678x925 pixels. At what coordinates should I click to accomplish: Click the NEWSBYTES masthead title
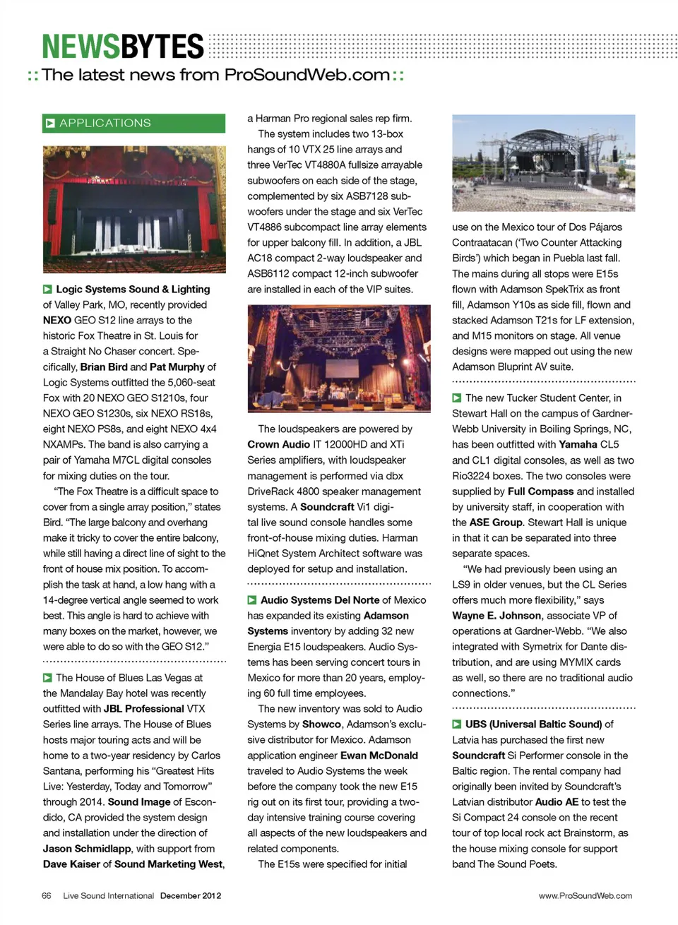tap(123, 47)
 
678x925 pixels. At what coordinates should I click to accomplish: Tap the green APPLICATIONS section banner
tap(134, 123)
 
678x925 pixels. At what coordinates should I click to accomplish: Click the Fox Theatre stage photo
tap(134, 209)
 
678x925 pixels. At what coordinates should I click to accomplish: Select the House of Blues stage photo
tap(339, 358)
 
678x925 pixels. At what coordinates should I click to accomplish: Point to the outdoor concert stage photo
tap(543, 163)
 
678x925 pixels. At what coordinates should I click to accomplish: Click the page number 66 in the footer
tap(47, 895)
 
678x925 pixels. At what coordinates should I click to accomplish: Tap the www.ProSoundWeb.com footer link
tap(585, 895)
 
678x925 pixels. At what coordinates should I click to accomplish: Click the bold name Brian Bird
tap(104, 366)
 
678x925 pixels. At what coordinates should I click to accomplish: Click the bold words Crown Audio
tap(278, 444)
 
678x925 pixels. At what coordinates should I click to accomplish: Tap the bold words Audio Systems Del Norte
tap(320, 599)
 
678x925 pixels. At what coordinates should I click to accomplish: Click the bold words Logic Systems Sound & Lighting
tap(133, 289)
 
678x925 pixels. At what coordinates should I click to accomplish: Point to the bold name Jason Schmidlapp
tap(87, 848)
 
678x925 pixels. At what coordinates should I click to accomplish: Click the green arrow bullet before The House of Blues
tap(47, 678)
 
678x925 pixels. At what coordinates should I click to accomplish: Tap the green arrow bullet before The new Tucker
tap(457, 398)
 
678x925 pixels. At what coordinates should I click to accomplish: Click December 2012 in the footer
tap(191, 895)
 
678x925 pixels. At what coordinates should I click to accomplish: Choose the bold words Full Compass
tap(540, 491)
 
